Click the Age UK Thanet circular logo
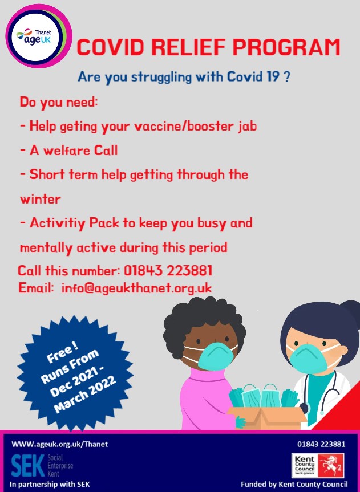tap(39, 36)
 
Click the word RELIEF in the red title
tap(189, 47)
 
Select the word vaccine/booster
tap(184, 126)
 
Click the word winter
tap(40, 199)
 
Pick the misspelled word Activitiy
tap(58, 223)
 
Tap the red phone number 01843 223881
tap(168, 270)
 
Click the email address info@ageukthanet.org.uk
tap(136, 288)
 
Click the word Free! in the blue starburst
tap(63, 353)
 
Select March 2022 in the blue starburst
tap(85, 393)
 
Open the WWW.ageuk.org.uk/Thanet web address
tap(60, 444)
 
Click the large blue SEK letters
tap(27, 466)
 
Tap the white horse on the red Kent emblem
tap(331, 465)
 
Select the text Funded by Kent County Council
tap(294, 484)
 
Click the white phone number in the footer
tap(321, 444)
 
